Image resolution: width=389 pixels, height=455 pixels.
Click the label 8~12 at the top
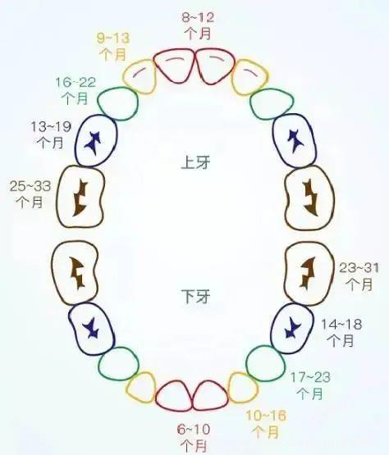(198, 17)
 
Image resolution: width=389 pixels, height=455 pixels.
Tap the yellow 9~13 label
(113, 38)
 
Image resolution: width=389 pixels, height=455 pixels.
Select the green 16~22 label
(76, 83)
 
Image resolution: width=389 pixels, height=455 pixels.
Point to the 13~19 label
(51, 127)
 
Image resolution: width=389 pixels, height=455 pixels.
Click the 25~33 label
(30, 186)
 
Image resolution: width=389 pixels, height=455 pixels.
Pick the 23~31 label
(359, 268)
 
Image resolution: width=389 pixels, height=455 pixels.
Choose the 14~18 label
(341, 324)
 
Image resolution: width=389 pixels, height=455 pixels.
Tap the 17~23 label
(310, 377)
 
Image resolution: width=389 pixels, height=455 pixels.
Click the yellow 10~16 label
(266, 416)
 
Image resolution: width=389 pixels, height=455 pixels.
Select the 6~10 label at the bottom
(194, 430)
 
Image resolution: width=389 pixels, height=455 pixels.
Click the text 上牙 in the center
(195, 162)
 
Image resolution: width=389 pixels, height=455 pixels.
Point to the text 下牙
(195, 296)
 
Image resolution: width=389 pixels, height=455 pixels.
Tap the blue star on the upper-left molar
(94, 143)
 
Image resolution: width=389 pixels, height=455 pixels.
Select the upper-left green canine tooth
(117, 103)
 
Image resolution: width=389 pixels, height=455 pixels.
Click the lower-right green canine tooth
(265, 363)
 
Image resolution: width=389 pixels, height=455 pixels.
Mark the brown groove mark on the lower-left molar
(77, 273)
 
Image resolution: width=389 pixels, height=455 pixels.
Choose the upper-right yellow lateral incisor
(249, 77)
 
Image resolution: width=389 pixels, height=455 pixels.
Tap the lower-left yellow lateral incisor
(141, 388)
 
